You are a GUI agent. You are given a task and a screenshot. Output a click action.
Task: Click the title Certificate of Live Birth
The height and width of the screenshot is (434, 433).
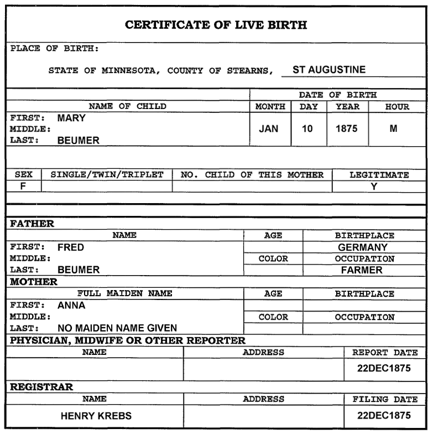(216, 25)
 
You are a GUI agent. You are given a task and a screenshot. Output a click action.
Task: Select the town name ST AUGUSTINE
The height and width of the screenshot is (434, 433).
(328, 70)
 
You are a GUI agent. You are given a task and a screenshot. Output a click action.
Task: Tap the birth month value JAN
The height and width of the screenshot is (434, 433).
(269, 128)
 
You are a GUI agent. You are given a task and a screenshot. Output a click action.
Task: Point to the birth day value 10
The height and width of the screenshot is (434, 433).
(307, 128)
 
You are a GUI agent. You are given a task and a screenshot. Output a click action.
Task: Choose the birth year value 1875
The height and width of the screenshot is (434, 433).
(347, 128)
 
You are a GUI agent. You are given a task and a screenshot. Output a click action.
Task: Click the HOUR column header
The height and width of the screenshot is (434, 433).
(398, 107)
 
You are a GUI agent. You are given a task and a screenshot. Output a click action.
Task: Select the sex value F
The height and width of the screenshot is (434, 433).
(23, 186)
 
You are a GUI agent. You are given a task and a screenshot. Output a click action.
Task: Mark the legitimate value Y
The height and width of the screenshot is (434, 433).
(374, 187)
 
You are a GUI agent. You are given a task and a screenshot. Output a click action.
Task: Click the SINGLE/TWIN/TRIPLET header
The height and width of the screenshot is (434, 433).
(107, 175)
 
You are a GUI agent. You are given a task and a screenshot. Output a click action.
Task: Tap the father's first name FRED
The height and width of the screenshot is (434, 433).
(71, 247)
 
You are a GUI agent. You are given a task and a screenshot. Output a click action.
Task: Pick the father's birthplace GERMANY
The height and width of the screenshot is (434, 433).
(363, 247)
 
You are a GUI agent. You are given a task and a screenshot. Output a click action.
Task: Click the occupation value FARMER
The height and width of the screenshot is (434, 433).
(362, 270)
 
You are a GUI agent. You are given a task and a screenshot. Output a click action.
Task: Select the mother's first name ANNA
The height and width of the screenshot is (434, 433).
(71, 305)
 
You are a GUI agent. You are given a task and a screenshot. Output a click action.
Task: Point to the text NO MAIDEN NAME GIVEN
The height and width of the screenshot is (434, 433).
(117, 328)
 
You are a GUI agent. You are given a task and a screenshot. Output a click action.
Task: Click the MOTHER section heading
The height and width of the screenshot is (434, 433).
(34, 282)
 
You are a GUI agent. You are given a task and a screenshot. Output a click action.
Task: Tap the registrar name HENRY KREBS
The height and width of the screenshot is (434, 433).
(96, 416)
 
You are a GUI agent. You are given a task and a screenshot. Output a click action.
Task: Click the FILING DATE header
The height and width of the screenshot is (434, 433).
(385, 399)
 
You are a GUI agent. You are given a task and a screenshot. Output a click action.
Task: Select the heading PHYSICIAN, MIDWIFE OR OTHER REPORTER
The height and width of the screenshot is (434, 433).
(128, 340)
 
